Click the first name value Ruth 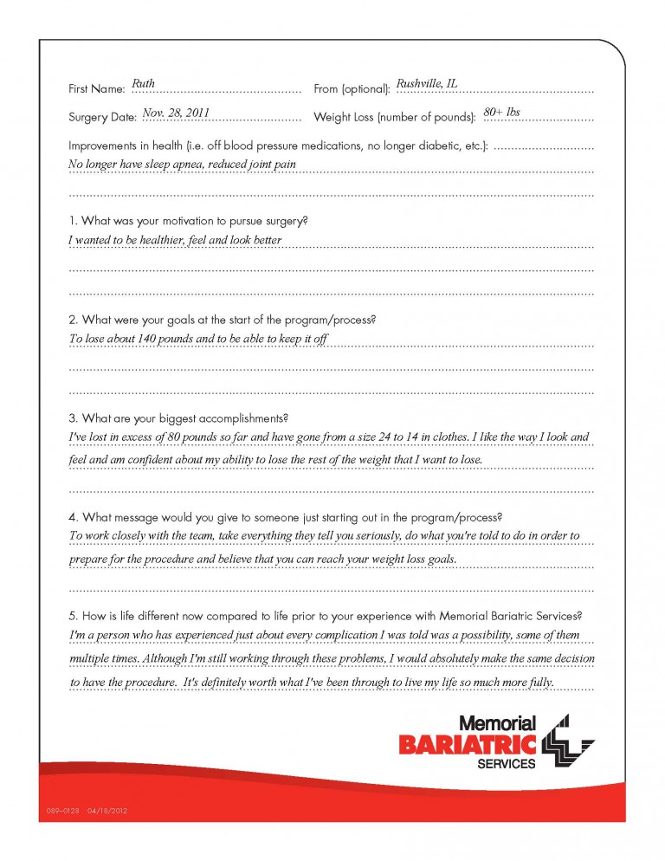click(143, 84)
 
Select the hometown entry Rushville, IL click(426, 84)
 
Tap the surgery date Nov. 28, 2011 click(175, 112)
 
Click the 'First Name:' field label click(96, 89)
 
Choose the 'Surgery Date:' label click(102, 117)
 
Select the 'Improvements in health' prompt click(278, 146)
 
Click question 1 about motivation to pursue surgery click(188, 221)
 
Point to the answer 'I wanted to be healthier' click(175, 240)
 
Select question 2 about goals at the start click(222, 320)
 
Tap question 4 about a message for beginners click(285, 517)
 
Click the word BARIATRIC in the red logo click(468, 743)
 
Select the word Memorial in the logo click(497, 722)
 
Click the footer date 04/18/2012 click(107, 812)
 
